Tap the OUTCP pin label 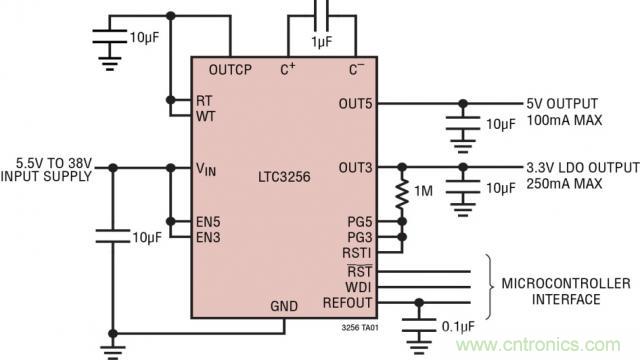point(230,69)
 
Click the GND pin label point(286,306)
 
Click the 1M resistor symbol point(402,193)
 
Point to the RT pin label point(205,100)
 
